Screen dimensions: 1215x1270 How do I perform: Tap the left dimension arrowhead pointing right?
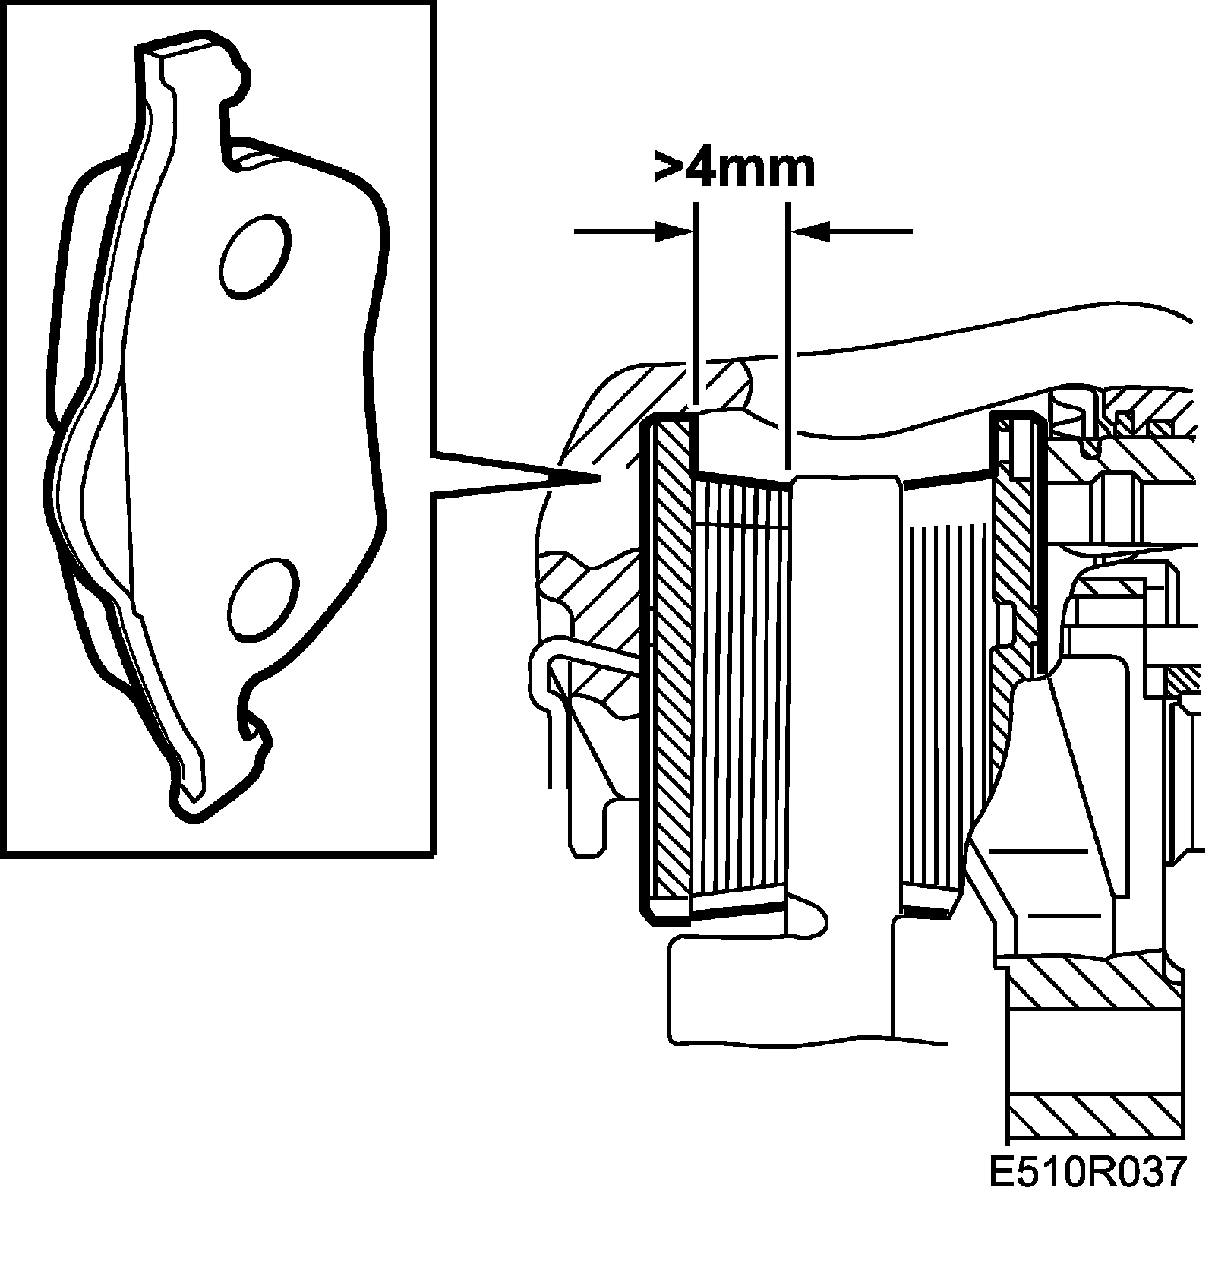(674, 231)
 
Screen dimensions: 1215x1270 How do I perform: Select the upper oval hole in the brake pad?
(254, 256)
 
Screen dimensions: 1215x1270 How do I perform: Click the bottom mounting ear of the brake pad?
(191, 790)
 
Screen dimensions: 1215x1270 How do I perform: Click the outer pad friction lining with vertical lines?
(740, 684)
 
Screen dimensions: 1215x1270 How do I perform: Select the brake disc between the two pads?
(843, 684)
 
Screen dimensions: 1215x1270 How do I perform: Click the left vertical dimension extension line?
(694, 304)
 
